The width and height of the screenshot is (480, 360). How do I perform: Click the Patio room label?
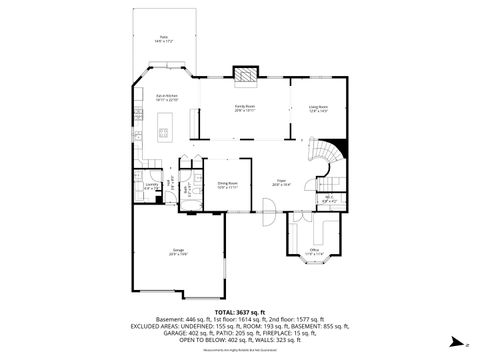point(164,40)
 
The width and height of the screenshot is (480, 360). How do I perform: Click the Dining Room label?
point(227,185)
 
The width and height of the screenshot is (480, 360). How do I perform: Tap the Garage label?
point(179,253)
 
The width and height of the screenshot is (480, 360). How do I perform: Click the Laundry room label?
point(152,186)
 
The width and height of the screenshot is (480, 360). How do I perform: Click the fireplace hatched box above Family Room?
point(245,73)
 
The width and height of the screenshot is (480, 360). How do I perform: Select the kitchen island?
point(167,127)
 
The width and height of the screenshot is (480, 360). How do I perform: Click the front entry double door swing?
point(267,210)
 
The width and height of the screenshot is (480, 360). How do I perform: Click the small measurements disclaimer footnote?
point(240,350)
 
